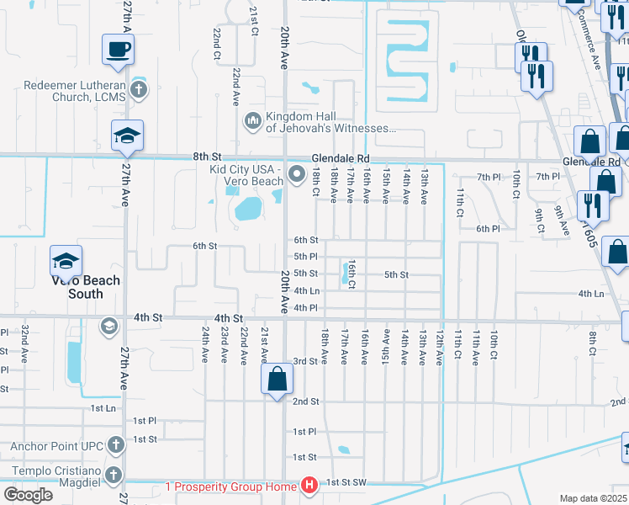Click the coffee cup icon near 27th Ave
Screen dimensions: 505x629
[x=117, y=49]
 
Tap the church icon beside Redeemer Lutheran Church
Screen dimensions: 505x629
[x=139, y=88]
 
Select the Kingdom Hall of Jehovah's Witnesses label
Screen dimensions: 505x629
[x=330, y=123]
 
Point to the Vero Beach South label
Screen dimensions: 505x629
[x=86, y=287]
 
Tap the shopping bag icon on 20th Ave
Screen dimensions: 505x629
[x=277, y=380]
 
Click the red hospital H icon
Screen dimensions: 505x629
[x=309, y=486]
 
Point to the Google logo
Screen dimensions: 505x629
[x=28, y=495]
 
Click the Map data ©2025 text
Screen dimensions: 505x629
[x=593, y=498]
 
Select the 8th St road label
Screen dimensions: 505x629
[x=206, y=157]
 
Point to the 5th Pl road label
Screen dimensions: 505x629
[x=305, y=257]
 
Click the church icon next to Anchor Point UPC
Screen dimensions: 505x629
[x=115, y=444]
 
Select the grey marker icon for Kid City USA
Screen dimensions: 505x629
[x=296, y=175]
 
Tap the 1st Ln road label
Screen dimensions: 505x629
[x=103, y=408]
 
